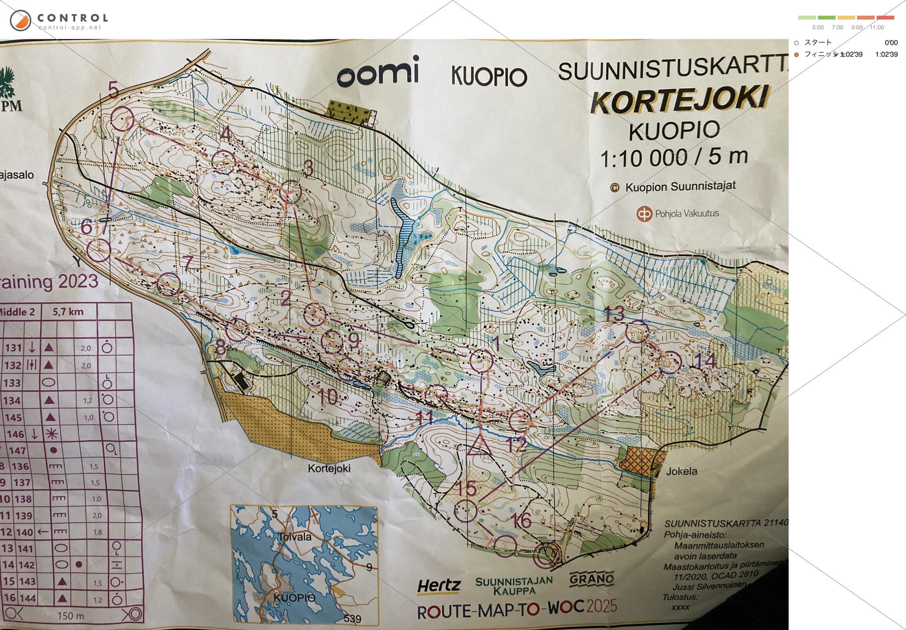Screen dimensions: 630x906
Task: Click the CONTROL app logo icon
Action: tap(20, 20)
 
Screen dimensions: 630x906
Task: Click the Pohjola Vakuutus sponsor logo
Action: tap(678, 214)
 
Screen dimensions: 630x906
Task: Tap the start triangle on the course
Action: tap(479, 444)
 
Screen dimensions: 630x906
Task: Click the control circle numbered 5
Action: tap(123, 119)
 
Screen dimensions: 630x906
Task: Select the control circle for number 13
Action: tap(637, 332)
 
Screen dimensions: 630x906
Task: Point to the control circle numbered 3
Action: tap(290, 192)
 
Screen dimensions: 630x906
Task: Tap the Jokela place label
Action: tap(681, 472)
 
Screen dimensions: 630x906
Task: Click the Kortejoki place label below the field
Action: tap(329, 468)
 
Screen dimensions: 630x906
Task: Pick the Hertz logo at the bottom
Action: tap(439, 586)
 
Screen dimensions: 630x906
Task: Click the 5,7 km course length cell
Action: tap(68, 312)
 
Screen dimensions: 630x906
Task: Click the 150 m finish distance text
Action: tap(71, 616)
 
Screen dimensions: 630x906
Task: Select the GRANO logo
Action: tap(591, 579)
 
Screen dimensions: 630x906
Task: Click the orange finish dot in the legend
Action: tap(796, 55)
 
